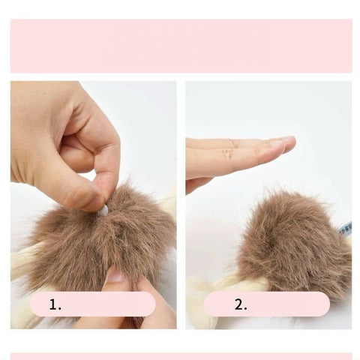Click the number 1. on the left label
coord(55,304)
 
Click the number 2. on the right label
coord(241,304)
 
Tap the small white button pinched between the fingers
coord(103,211)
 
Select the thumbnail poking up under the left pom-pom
coord(115,276)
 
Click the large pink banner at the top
coord(181,46)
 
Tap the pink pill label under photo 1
coord(92,304)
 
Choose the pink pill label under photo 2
coord(267,304)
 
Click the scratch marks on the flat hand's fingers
coord(231,149)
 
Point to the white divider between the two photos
coord(181,205)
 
